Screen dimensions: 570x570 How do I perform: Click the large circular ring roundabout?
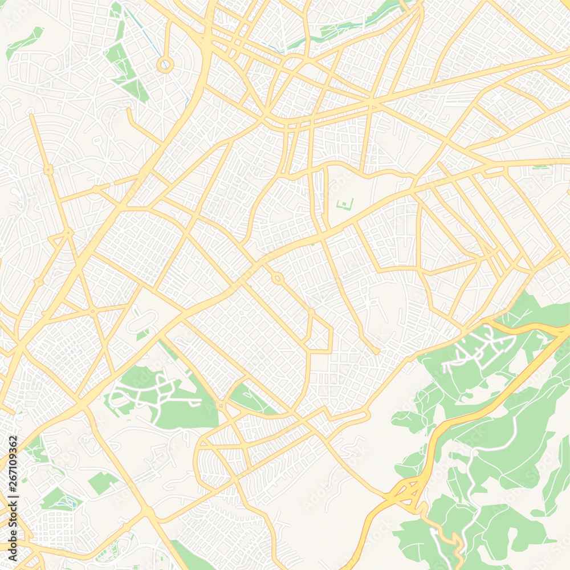(165, 64)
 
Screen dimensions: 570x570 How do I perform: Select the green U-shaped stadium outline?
(345, 203)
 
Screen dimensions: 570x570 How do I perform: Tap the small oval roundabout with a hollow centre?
(277, 279)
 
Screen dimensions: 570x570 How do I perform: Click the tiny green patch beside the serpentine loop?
(142, 335)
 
